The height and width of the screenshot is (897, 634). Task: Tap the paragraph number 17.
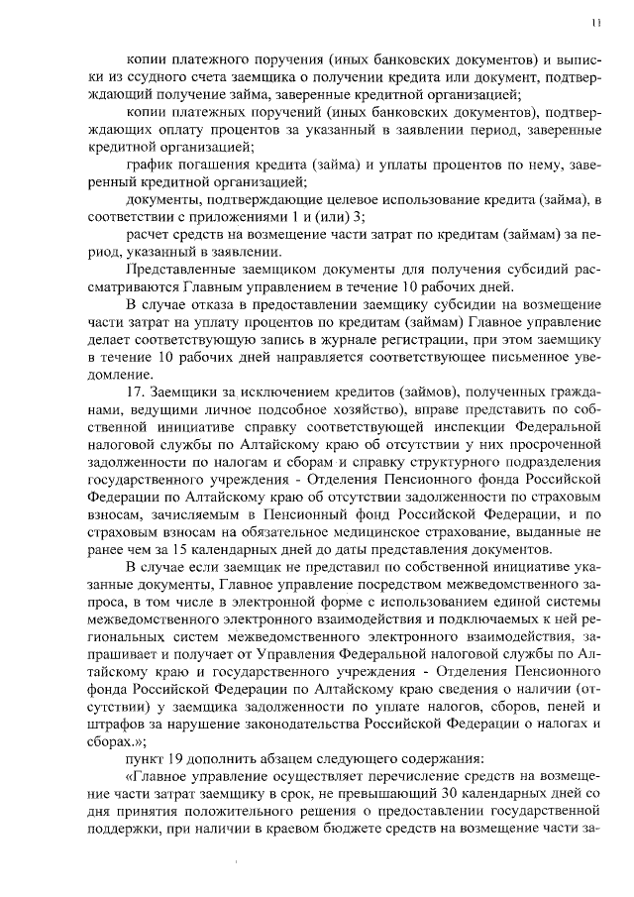point(138,391)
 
